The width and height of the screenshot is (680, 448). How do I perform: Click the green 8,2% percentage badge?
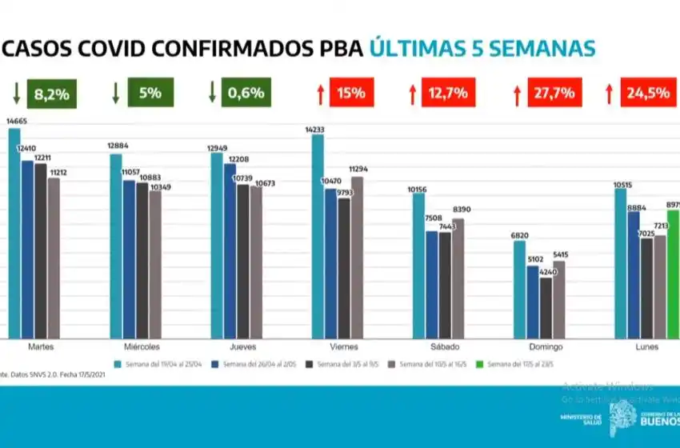52,93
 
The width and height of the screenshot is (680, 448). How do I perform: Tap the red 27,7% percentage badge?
554,93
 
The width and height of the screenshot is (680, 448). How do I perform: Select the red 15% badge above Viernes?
350,93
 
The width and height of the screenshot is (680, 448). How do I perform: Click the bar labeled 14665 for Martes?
14,232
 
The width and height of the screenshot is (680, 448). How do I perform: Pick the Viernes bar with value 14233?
318,236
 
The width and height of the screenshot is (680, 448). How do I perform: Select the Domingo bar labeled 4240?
546,308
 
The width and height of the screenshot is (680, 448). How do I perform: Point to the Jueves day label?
243,347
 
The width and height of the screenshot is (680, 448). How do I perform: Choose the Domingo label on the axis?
546,347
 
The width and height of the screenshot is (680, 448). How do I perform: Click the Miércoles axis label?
142,347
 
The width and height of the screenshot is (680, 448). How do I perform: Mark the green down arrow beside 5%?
115,92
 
